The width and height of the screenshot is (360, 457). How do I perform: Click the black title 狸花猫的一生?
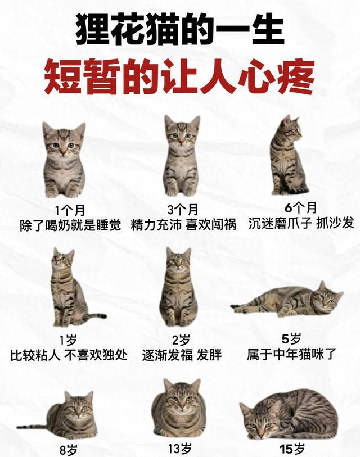[180, 29]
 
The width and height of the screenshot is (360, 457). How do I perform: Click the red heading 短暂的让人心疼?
[179, 76]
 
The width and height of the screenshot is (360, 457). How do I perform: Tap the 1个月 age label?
[70, 210]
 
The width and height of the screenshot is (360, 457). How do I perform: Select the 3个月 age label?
[183, 210]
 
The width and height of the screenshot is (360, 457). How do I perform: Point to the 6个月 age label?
[301, 207]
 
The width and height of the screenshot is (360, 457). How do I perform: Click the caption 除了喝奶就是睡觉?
[70, 225]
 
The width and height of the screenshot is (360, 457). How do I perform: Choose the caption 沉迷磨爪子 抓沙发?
[301, 223]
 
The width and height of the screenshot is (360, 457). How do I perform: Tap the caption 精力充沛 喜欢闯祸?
[183, 225]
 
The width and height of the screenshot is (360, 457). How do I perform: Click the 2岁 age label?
[181, 340]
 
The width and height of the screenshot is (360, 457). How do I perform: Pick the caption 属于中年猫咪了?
[291, 354]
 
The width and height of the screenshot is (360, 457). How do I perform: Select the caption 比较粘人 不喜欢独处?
[69, 355]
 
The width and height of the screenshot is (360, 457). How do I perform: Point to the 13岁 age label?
[180, 448]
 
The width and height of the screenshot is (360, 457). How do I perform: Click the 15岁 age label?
[292, 449]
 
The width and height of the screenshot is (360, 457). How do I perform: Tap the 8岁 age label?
[69, 450]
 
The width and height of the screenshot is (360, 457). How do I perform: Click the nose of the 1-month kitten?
[63, 151]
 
